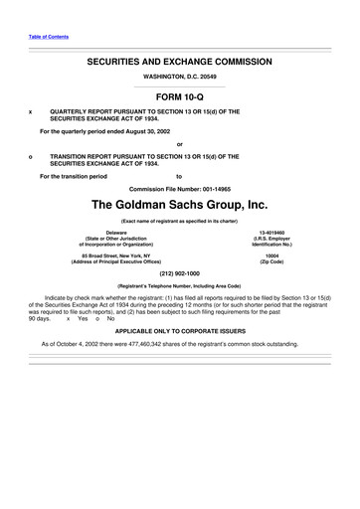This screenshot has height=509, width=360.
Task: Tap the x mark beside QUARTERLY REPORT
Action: click(x=33, y=111)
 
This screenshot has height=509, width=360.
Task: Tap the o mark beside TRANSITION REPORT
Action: click(x=33, y=155)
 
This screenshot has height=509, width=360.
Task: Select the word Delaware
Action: click(x=129, y=233)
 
